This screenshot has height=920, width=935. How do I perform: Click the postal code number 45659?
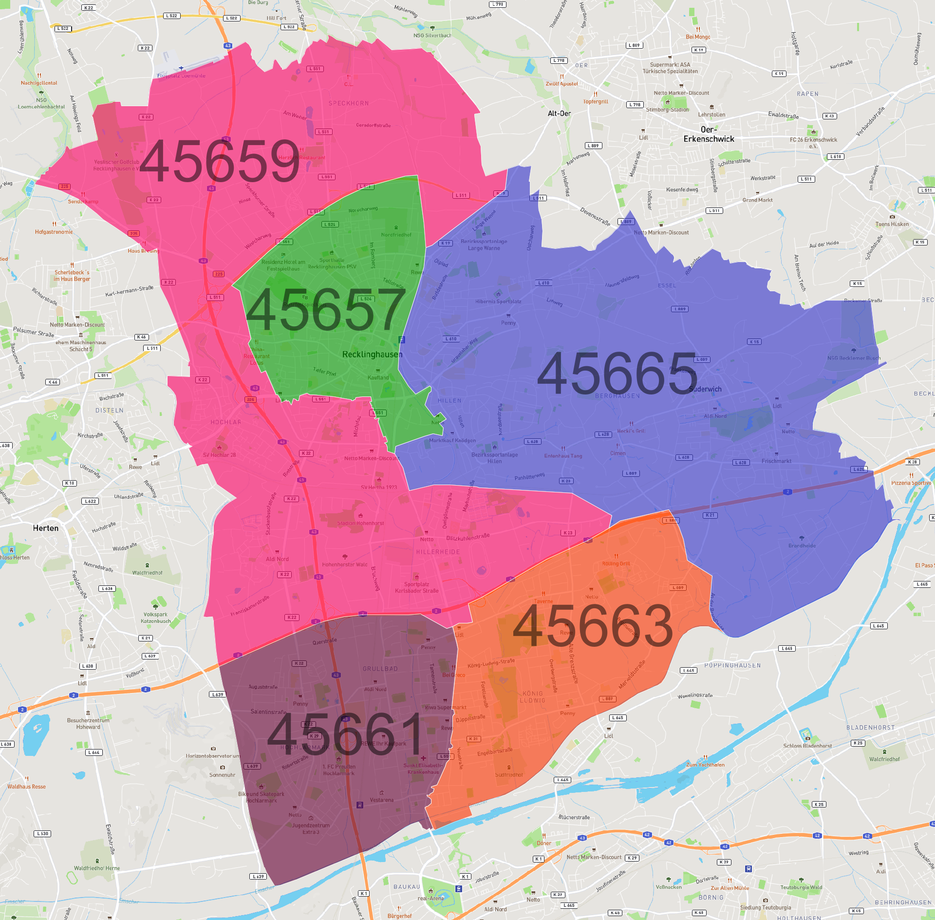click(220, 161)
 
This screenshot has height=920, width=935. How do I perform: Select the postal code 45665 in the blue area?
click(617, 374)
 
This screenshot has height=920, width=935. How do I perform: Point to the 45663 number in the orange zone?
click(593, 626)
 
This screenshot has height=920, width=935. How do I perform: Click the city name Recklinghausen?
click(372, 354)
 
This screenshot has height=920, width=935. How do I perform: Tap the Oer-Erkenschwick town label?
click(709, 134)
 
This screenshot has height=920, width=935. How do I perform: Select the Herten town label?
click(46, 528)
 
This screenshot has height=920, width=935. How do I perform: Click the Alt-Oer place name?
click(559, 113)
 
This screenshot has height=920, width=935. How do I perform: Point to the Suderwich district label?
click(705, 389)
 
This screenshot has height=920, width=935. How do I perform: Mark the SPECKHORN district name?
click(349, 103)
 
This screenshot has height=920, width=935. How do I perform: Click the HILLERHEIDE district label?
click(438, 552)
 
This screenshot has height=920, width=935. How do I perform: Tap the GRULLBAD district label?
click(380, 669)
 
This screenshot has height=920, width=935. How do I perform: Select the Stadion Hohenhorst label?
click(360, 523)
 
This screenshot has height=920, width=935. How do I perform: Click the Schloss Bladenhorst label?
click(807, 746)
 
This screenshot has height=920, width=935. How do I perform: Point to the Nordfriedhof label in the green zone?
click(396, 235)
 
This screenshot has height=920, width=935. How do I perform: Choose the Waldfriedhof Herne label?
click(97, 868)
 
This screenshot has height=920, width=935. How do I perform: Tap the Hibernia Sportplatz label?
click(498, 301)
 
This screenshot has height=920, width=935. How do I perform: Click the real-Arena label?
click(431, 898)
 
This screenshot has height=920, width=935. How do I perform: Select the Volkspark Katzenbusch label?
click(156, 618)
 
